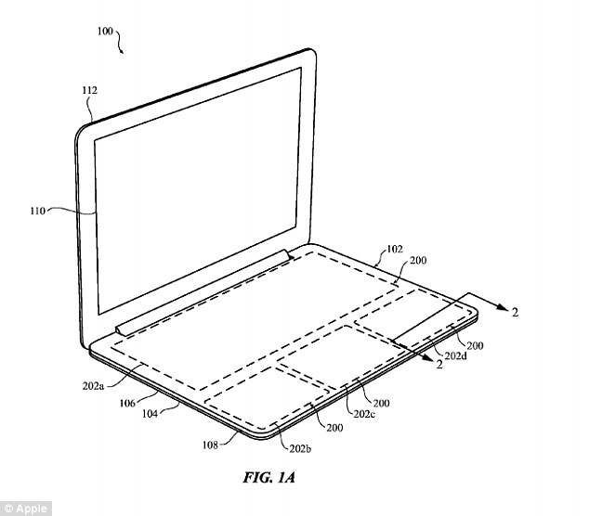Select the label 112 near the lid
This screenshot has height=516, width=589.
[x=89, y=91]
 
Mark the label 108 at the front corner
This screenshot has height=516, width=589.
[x=212, y=445]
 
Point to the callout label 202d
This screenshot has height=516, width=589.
[x=456, y=355]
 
